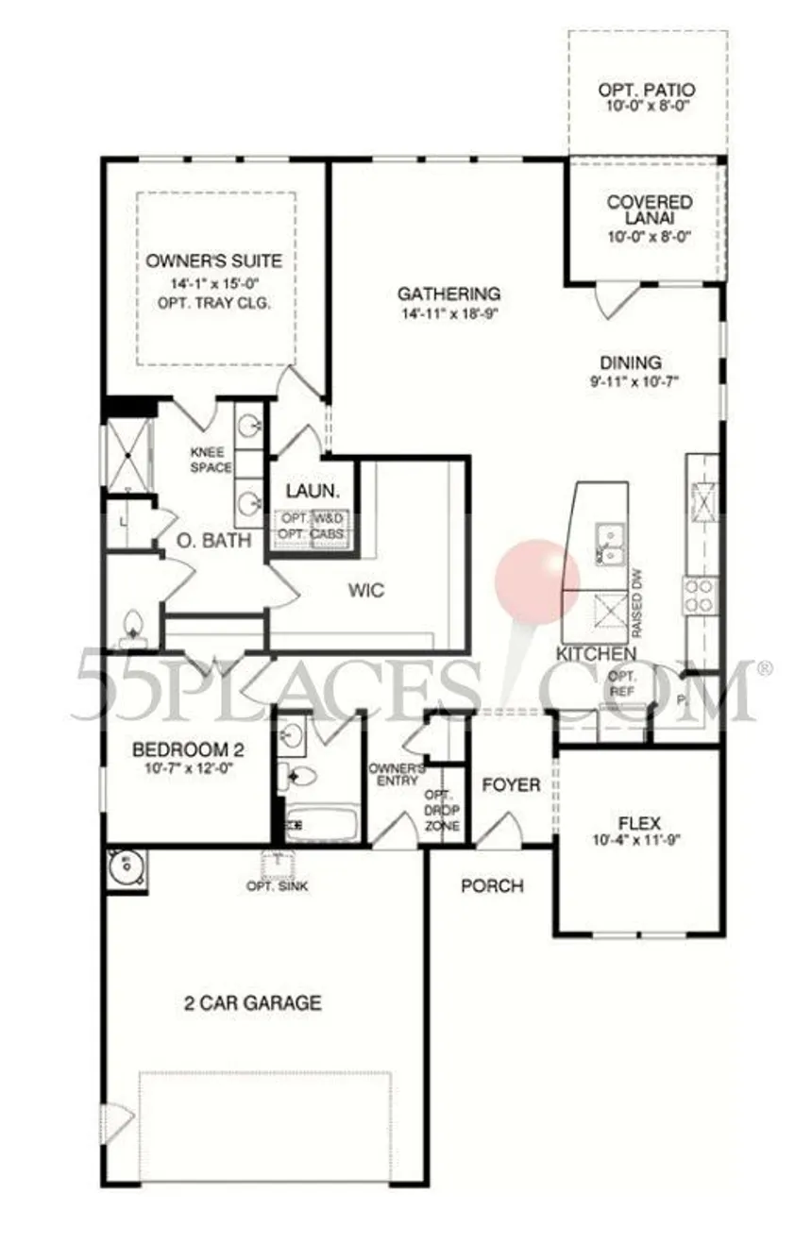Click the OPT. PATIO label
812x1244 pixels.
[647, 90]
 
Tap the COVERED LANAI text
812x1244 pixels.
[649, 210]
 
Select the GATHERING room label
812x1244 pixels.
[448, 294]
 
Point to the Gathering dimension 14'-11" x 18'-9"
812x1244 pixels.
[448, 311]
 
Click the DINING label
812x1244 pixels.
[631, 362]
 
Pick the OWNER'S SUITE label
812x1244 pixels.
[214, 261]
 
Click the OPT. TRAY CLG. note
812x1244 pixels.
[215, 304]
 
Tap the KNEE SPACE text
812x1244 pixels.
[206, 459]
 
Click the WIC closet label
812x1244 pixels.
[366, 591]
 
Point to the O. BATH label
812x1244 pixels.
[216, 541]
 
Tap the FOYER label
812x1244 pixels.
[511, 785]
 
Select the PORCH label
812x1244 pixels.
[491, 885]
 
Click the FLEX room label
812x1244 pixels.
[638, 821]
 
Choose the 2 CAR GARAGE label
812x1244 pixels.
[252, 1003]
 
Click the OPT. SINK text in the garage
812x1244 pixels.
[277, 886]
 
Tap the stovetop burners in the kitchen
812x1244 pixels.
[700, 596]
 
